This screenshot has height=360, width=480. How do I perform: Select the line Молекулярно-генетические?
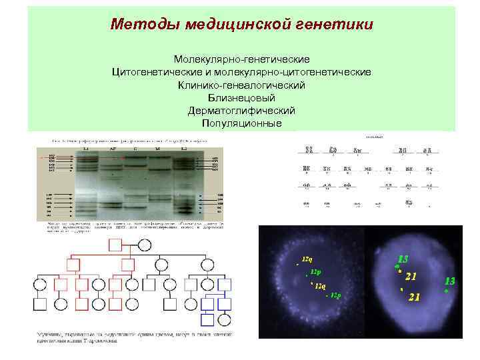[x=241, y=59]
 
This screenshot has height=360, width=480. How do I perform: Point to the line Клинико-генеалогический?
[x=241, y=86]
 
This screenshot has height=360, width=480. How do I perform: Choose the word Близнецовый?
[x=241, y=99]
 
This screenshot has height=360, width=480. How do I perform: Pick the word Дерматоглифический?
[x=241, y=111]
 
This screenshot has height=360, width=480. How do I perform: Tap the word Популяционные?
[x=241, y=124]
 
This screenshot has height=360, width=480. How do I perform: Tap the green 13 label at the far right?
[x=450, y=282]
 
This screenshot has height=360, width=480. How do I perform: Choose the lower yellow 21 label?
[x=414, y=297]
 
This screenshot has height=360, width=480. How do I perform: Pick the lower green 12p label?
[x=335, y=295]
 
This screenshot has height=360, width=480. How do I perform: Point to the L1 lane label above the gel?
[x=85, y=149]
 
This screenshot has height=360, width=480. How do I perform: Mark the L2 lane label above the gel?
[x=183, y=149]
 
